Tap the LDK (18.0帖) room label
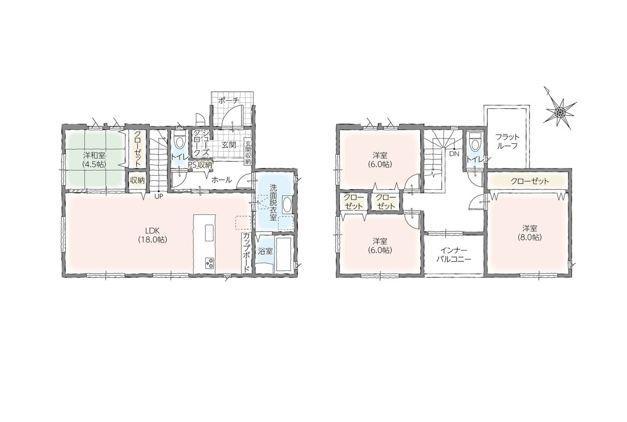coord(152,235)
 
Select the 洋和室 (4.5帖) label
coord(95,160)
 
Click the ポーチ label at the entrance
coord(228,100)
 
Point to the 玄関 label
coord(229,145)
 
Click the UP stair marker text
coord(159,196)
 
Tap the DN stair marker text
coord(454,154)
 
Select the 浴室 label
coord(265,251)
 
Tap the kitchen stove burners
coord(210,263)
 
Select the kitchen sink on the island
coord(210,233)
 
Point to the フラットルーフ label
coord(507,141)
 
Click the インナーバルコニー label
coord(454,255)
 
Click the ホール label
coord(221,180)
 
